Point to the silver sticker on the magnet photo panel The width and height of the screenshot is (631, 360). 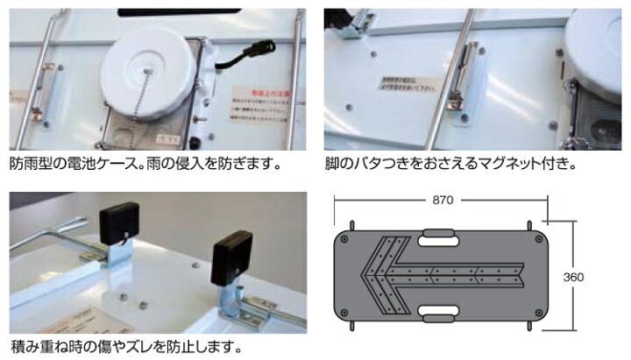(x=408, y=86)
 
